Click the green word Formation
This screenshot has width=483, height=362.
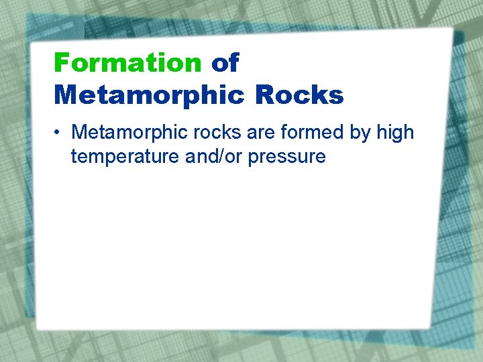coord(127,63)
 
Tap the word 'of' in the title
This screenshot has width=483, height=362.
coord(225,63)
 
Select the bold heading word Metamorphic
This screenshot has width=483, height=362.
coord(150,95)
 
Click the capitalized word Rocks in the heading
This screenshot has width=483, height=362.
coord(299,95)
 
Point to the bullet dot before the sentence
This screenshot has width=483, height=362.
coord(60,133)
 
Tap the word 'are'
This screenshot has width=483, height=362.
coord(245,132)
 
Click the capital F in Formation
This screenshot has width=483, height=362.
coord(61,63)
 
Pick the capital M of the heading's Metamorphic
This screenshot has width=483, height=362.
coord(65,95)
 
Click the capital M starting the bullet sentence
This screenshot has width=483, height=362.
coord(80,132)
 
